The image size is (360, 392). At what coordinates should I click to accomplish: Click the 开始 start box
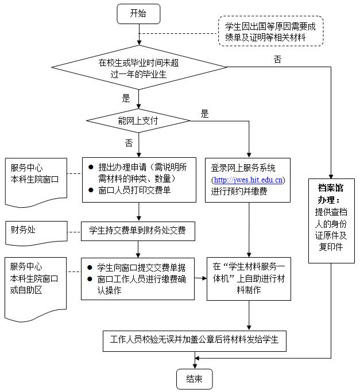pos(138,13)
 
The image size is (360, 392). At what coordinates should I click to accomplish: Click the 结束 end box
pos(194,379)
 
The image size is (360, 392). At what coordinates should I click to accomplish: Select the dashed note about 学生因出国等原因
pos(270,32)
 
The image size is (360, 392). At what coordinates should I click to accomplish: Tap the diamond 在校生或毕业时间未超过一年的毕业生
pos(138,68)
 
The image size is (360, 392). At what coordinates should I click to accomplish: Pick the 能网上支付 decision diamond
pos(138,121)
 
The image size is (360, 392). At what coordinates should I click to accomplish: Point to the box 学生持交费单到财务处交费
pos(138,232)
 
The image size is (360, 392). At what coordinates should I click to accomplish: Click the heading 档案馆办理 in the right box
pos(331,193)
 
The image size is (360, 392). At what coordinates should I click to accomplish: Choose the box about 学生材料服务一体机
pos(249,278)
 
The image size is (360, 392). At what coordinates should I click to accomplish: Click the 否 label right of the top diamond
pos(278,60)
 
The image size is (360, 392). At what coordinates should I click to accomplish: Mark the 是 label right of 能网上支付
pos(205,114)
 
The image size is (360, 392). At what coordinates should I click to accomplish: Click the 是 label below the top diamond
pos(126,98)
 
